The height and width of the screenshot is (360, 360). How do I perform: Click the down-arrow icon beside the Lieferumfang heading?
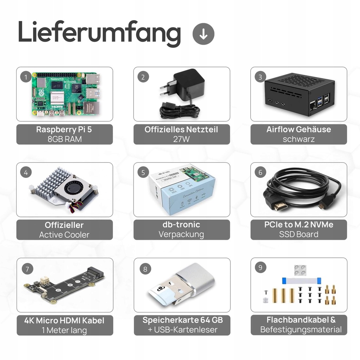[x=204, y=34]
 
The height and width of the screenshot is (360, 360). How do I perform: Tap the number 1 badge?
[x=26, y=77]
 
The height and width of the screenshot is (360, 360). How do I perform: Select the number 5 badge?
[x=143, y=173]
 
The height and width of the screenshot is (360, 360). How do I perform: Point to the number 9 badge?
[x=260, y=268]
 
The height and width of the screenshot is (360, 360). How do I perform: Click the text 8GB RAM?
[x=64, y=139]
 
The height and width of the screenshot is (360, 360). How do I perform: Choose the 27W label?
[x=181, y=139]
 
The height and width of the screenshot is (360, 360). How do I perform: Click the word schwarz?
[x=298, y=139]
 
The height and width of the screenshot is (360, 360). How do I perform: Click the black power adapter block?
[x=189, y=83]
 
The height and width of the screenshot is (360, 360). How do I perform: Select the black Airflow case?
[x=299, y=93]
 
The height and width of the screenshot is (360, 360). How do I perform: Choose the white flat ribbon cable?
[x=301, y=280]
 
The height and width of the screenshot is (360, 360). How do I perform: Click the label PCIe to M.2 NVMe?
[x=298, y=225]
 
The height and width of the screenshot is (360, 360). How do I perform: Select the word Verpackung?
[x=181, y=234]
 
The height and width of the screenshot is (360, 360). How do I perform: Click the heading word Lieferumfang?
[x=99, y=33]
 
